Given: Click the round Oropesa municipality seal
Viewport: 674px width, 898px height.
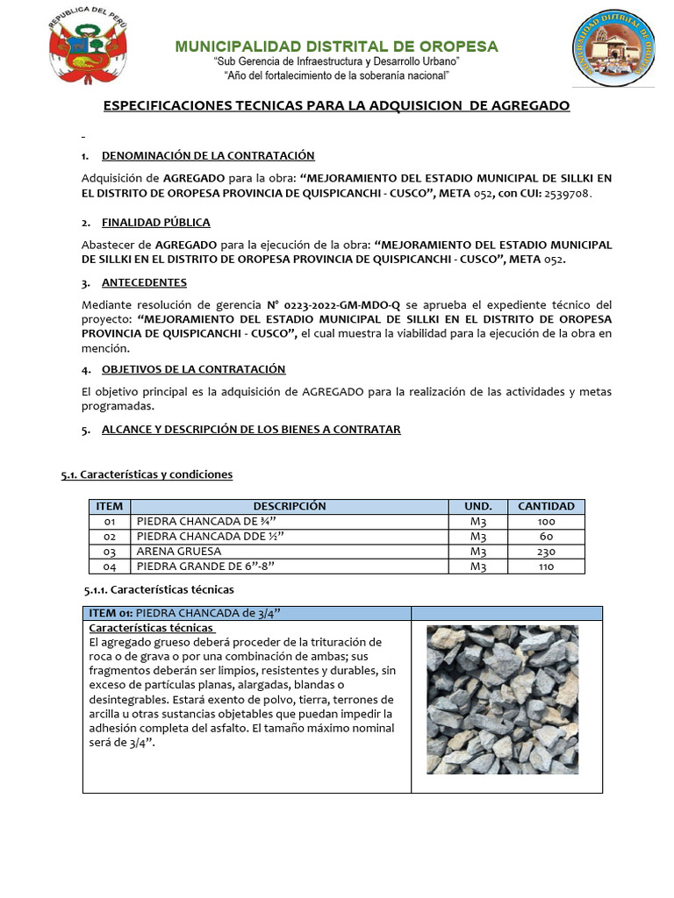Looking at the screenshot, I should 613,48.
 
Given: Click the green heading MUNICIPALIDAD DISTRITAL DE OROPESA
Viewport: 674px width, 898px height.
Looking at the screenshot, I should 337,46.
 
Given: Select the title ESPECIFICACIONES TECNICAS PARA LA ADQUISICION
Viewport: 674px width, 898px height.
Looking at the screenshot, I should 337,105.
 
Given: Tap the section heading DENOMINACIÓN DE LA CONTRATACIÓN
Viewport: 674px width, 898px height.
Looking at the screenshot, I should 208,155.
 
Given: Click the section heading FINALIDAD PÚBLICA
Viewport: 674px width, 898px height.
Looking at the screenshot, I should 156,222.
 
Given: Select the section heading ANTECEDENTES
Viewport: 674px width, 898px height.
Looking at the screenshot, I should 144,282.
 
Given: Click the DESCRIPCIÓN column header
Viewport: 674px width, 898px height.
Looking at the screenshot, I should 290,506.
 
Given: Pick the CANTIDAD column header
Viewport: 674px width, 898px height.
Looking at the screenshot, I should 546,506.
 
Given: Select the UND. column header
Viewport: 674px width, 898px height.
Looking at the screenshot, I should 477,506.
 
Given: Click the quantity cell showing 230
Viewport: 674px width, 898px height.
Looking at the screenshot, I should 546,552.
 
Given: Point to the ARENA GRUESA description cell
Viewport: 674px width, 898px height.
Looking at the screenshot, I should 290,552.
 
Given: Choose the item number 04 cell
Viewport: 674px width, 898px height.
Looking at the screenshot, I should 110,567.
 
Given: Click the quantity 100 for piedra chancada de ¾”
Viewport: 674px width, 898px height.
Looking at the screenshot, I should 546,522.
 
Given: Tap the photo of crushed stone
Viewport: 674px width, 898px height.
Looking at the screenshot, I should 502,699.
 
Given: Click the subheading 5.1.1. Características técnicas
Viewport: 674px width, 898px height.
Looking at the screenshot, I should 159,589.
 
